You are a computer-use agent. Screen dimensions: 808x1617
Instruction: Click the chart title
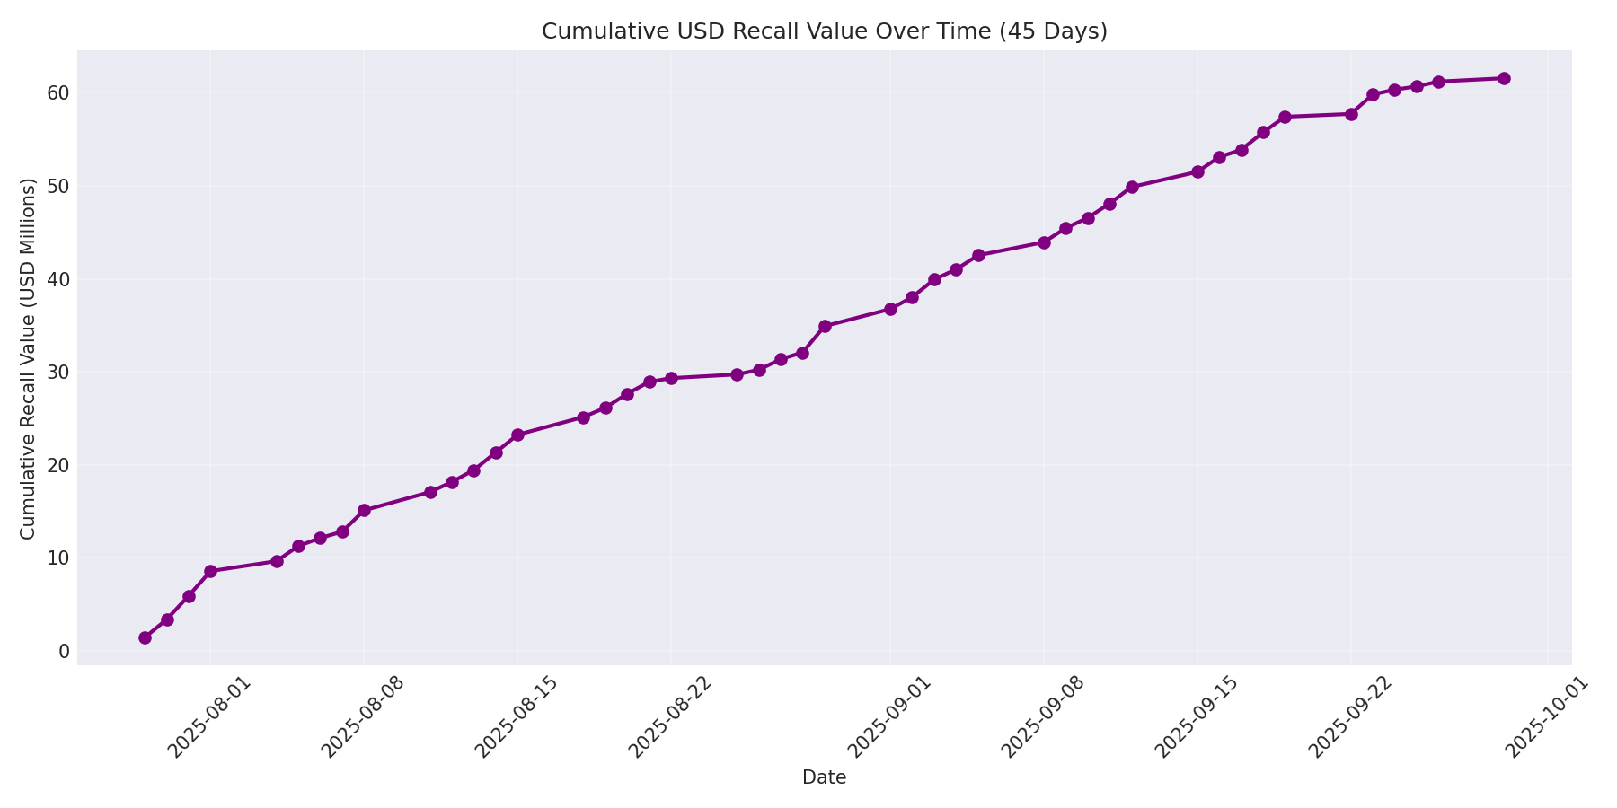click(824, 31)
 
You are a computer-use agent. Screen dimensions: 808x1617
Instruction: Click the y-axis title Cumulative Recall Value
click(28, 359)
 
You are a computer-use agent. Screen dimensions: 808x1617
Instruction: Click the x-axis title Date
click(824, 778)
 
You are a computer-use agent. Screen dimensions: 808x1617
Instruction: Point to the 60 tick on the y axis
click(58, 93)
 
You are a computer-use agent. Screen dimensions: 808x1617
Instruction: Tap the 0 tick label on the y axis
click(64, 651)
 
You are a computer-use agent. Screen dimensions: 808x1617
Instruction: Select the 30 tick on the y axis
click(58, 373)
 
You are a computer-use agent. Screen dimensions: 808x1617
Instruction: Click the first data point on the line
click(145, 637)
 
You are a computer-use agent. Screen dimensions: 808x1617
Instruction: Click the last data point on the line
click(1504, 78)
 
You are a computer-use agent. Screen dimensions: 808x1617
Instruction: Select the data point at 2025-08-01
click(210, 571)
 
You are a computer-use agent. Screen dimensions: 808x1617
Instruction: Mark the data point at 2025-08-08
click(364, 510)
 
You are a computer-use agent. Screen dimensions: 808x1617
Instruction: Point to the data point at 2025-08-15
click(517, 435)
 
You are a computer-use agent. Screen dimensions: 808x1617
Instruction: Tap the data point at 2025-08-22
click(671, 378)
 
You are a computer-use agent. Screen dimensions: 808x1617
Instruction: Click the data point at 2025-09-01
click(890, 309)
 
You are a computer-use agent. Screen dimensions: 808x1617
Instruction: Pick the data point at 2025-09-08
click(1044, 242)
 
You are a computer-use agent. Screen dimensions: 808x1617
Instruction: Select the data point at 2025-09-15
click(1197, 171)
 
